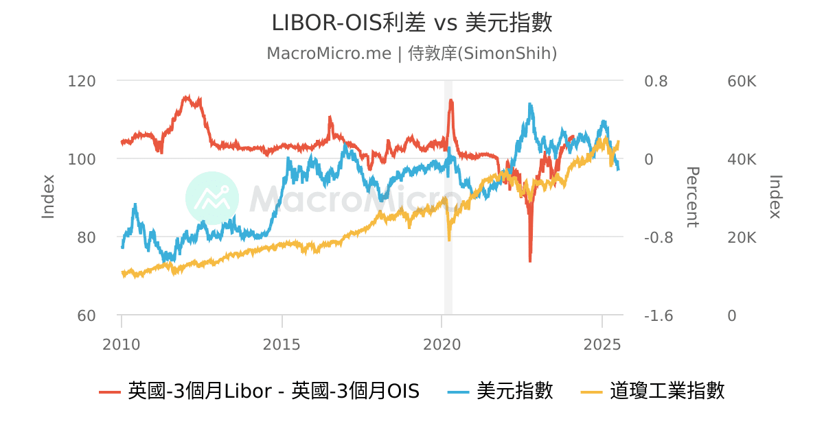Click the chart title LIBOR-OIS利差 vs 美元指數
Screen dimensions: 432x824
pyautogui.click(x=412, y=23)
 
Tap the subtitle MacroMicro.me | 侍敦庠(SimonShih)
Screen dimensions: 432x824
pyautogui.click(x=412, y=53)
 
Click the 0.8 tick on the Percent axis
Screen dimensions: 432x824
pyautogui.click(x=655, y=81)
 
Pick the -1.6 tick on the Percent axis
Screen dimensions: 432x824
pyautogui.click(x=658, y=315)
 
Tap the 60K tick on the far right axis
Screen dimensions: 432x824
pyautogui.click(x=742, y=81)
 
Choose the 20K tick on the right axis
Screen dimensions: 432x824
pyautogui.click(x=742, y=237)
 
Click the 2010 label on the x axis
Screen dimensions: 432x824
pyautogui.click(x=122, y=344)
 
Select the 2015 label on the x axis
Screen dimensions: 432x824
pyautogui.click(x=282, y=344)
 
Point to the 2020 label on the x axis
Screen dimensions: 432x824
pyautogui.click(x=442, y=344)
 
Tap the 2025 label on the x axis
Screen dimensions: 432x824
pyautogui.click(x=602, y=344)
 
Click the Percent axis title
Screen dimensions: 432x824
pyautogui.click(x=692, y=197)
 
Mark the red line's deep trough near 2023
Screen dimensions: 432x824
pyautogui.click(x=530, y=261)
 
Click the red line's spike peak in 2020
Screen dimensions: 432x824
pyautogui.click(x=450, y=101)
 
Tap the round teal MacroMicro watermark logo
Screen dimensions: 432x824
pyautogui.click(x=212, y=198)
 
